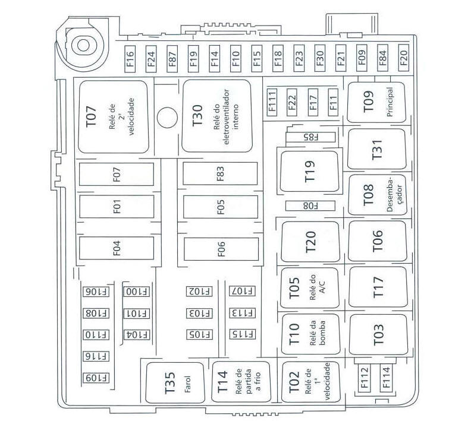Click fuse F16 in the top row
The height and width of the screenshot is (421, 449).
click(x=130, y=59)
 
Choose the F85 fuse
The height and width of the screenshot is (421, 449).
click(x=310, y=137)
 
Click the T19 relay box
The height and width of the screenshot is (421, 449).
click(x=310, y=171)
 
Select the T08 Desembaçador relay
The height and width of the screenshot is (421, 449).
click(x=376, y=195)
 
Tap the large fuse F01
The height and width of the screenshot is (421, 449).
click(x=117, y=207)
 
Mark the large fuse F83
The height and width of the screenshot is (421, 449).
click(x=220, y=173)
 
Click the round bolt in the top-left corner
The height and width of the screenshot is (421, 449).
click(x=83, y=45)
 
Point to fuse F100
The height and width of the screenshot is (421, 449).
click(x=137, y=292)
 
